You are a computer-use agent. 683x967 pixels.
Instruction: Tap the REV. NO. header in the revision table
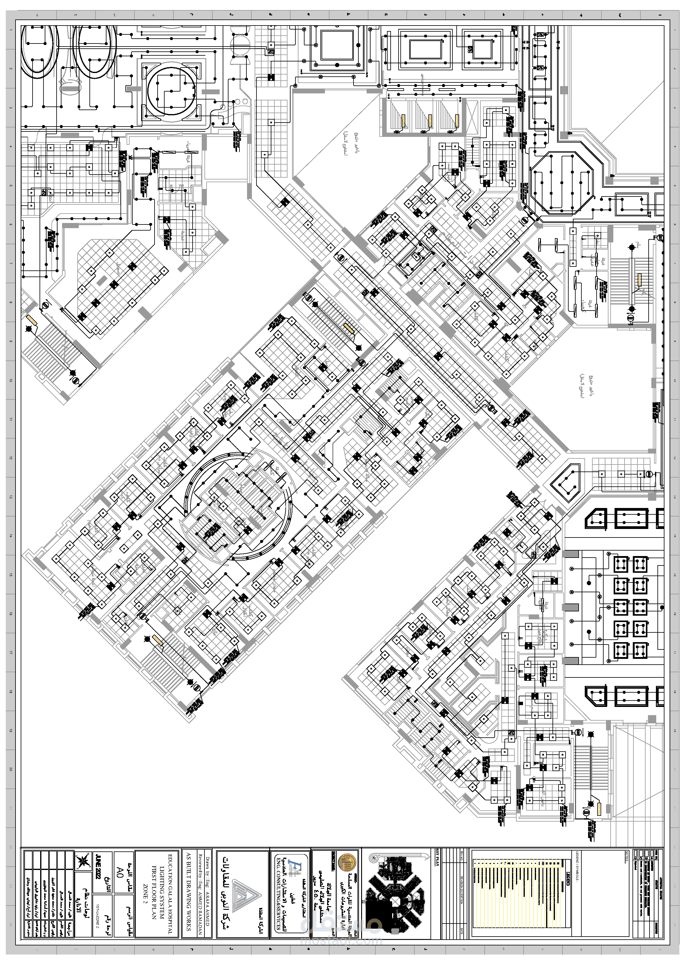(463, 855)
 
